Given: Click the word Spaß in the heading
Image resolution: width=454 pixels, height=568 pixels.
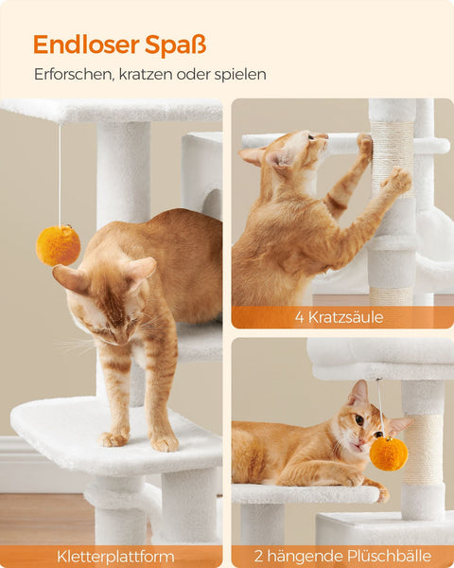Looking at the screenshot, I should coord(177,44).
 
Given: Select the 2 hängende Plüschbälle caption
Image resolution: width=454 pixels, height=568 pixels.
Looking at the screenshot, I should coord(342,557).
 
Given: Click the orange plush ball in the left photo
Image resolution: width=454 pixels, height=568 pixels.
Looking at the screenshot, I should coord(58,245).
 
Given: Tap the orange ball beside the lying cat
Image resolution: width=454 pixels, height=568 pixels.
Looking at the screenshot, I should coord(388,453).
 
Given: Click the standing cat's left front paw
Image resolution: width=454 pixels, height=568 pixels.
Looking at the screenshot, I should coord(114,438).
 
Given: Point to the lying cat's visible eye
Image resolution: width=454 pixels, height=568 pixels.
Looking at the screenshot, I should coord(359,419).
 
